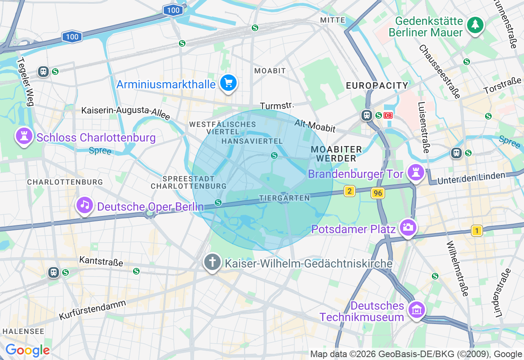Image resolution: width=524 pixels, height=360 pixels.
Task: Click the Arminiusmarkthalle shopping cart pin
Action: click(x=228, y=83)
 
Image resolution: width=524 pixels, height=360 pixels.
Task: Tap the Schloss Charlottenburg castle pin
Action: click(x=24, y=136)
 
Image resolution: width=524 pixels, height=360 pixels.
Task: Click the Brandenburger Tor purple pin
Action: click(x=416, y=173)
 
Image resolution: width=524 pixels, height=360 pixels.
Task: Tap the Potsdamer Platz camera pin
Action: click(x=408, y=227)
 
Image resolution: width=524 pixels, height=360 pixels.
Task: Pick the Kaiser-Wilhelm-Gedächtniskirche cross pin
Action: click(x=212, y=262)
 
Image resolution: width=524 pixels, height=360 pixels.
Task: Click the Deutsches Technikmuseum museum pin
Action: click(x=417, y=310)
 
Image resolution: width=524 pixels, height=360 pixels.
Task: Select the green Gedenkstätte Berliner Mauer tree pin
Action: click(x=475, y=25)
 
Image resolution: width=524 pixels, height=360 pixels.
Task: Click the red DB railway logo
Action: click(x=388, y=115)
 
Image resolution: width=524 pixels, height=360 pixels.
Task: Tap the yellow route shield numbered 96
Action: click(x=378, y=193)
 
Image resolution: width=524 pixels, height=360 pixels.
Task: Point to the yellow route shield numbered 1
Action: click(x=477, y=231)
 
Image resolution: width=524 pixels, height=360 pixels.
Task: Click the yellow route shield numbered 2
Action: click(x=349, y=191)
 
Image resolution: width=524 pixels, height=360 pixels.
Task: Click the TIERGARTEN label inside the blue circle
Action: click(x=285, y=198)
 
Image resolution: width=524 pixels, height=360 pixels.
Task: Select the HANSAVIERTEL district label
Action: click(x=252, y=141)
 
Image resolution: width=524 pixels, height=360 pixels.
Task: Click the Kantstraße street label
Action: click(x=101, y=261)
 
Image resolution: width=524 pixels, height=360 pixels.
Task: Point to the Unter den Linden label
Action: click(x=471, y=178)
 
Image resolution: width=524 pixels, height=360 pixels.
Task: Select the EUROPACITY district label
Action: click(x=377, y=85)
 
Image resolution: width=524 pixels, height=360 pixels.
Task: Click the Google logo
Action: click(x=27, y=350)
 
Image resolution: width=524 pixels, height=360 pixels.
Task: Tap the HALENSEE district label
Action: click(x=23, y=331)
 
